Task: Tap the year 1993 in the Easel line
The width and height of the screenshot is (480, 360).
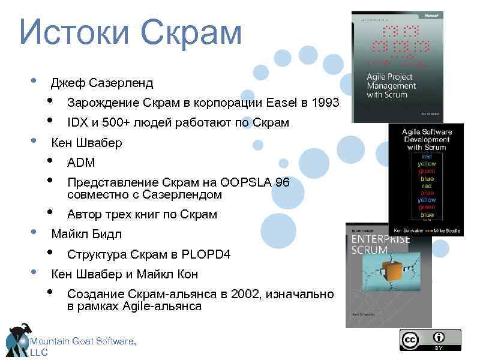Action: click(x=325, y=103)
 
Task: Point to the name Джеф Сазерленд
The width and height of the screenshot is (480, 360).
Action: click(x=102, y=83)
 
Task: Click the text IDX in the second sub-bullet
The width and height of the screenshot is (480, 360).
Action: click(x=77, y=123)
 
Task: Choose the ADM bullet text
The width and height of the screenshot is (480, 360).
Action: click(x=81, y=163)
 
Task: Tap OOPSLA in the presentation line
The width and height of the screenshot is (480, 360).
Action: click(x=245, y=183)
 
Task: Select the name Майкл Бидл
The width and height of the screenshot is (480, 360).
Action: click(x=86, y=234)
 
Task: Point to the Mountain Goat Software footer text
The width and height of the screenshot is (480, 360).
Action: click(x=83, y=342)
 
